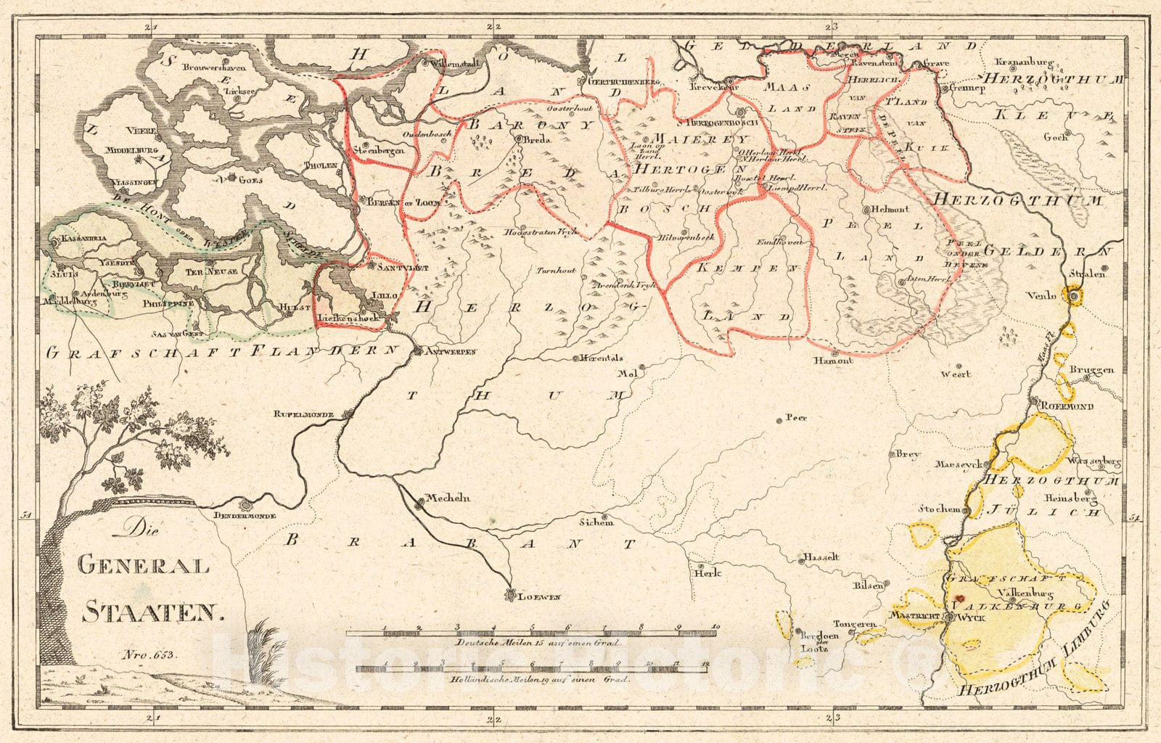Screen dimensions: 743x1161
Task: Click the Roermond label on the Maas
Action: coord(1067,407)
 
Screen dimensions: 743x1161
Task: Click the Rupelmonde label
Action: coord(303,414)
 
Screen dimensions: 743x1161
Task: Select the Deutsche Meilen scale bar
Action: coord(532,633)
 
